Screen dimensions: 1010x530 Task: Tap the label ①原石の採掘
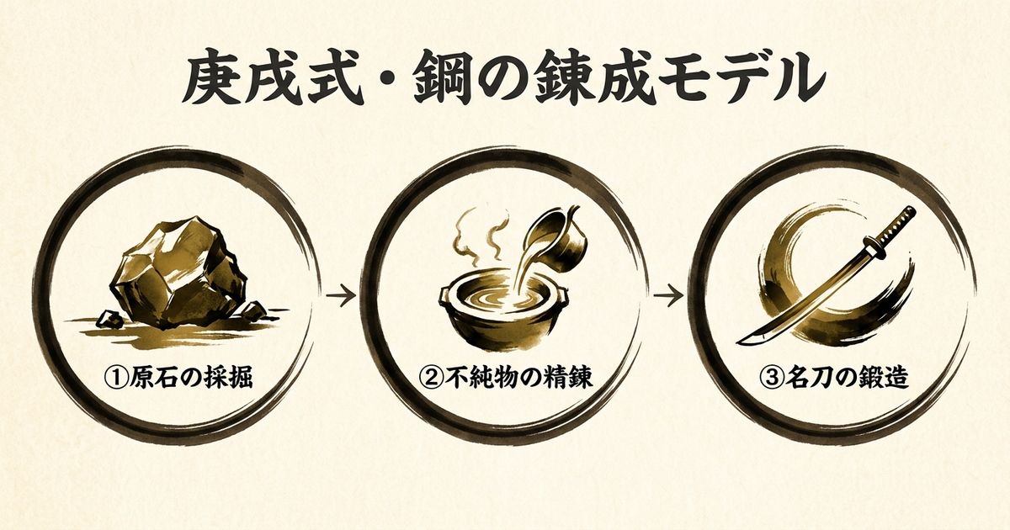pyautogui.click(x=178, y=378)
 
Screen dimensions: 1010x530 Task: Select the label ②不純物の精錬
pyautogui.click(x=506, y=378)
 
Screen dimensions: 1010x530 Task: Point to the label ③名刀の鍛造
pyautogui.click(x=833, y=378)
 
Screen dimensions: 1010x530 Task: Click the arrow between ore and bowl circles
pyautogui.click(x=342, y=296)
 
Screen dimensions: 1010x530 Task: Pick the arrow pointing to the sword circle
pyautogui.click(x=668, y=296)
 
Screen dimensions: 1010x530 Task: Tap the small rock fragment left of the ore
pyautogui.click(x=109, y=319)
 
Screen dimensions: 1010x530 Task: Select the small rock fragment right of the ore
pyautogui.click(x=254, y=310)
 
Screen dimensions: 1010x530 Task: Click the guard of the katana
pyautogui.click(x=869, y=248)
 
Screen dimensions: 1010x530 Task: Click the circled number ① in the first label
pyautogui.click(x=116, y=378)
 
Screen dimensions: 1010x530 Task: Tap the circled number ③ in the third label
pyautogui.click(x=771, y=378)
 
